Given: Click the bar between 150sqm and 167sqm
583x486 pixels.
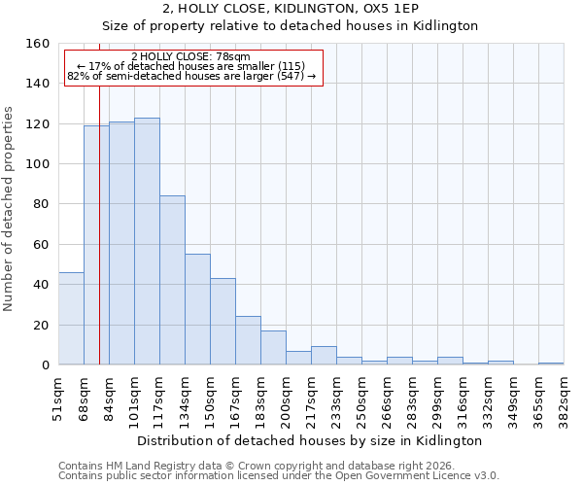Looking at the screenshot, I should [223, 321].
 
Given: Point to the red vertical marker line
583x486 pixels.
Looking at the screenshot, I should [99, 243].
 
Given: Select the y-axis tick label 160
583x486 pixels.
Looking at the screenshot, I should [38, 44].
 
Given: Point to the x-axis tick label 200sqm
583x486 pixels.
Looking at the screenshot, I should [287, 399].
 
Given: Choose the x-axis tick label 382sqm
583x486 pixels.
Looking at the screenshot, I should [565, 399].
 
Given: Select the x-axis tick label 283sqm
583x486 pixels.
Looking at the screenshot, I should [413, 399].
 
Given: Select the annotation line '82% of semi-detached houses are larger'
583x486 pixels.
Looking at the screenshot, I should [190, 76].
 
